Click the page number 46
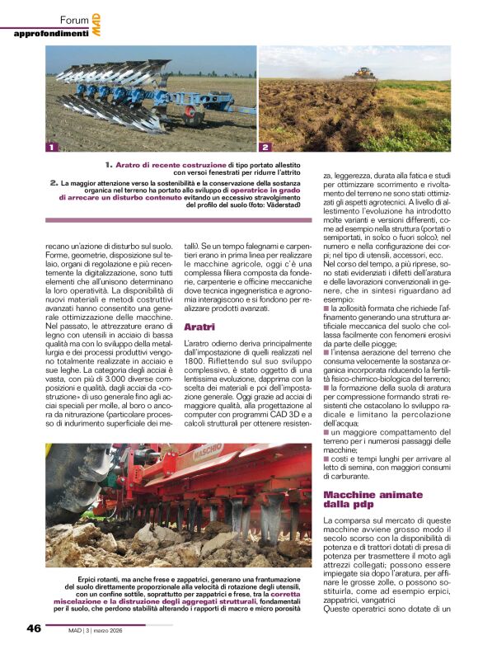click(34, 628)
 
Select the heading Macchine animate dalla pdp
click(362, 499)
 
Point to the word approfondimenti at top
click(51, 33)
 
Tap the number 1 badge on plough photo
click(52, 148)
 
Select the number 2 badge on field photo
click(265, 148)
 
